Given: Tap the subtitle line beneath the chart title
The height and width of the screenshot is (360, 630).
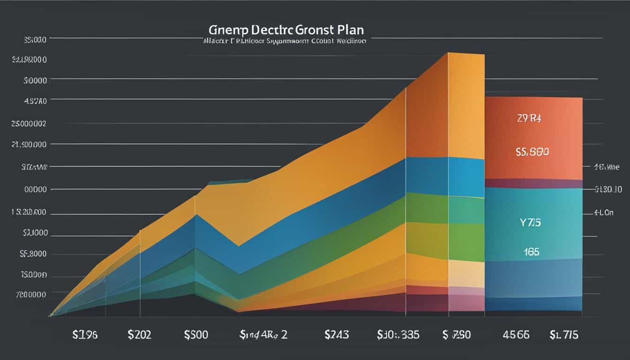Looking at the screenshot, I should pyautogui.click(x=284, y=41).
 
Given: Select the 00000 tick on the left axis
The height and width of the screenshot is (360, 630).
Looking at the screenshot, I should pyautogui.click(x=35, y=190).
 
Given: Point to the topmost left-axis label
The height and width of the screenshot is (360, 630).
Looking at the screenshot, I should pyautogui.click(x=34, y=40).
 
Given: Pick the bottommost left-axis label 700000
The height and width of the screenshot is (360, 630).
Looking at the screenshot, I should pyautogui.click(x=31, y=295).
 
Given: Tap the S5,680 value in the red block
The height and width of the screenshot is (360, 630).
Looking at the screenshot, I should pyautogui.click(x=532, y=152).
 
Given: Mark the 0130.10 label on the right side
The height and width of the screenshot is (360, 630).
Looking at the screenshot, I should pyautogui.click(x=608, y=190).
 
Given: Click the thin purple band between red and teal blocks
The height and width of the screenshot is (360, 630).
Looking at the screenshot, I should pyautogui.click(x=533, y=183).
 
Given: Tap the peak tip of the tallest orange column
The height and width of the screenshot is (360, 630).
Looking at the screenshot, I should pyautogui.click(x=449, y=53).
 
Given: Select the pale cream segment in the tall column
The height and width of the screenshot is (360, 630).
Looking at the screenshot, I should pyautogui.click(x=466, y=274).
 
